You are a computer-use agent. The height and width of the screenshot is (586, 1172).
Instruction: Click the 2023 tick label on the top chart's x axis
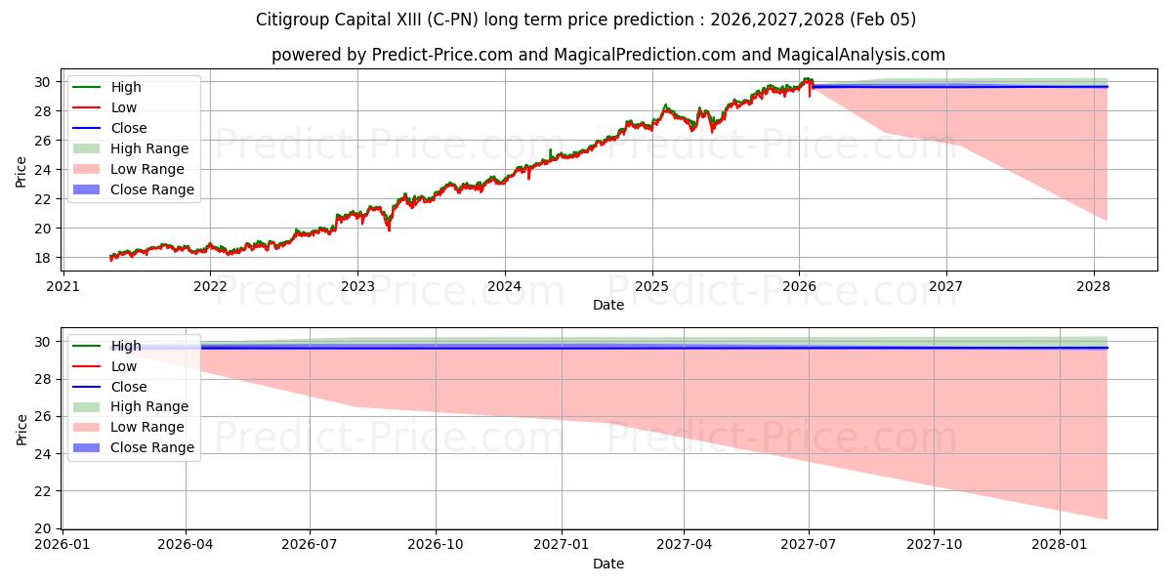coord(357,286)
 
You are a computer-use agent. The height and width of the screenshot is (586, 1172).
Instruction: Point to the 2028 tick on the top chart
coord(1093,286)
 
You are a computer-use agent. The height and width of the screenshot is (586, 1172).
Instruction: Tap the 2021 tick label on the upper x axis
coord(63,286)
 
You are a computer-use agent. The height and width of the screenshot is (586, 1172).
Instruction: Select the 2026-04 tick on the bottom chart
coord(186,545)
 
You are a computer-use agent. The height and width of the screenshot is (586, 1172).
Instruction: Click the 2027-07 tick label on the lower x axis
coord(809,545)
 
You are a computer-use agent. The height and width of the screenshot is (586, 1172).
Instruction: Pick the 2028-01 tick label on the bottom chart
coord(1059,545)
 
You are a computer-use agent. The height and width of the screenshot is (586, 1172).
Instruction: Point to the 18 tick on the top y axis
coord(43,258)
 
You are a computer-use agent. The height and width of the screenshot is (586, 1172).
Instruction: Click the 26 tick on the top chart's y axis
coord(43,141)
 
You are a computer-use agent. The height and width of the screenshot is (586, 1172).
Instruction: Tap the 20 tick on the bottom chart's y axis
coord(43,528)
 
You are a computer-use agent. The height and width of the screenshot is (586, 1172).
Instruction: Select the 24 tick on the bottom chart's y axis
coord(43,454)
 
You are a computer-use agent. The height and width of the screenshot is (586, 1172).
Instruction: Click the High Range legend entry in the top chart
coord(149,148)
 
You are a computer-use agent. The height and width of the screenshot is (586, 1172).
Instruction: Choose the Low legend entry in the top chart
coord(124,107)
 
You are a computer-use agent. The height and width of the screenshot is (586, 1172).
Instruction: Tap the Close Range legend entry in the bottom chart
coord(151,447)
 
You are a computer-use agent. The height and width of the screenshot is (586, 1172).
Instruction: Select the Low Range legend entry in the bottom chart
coord(147,427)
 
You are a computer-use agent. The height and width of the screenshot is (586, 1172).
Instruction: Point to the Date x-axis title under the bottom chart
coord(607,564)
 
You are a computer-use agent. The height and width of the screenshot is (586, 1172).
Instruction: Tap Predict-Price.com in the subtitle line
coord(441,55)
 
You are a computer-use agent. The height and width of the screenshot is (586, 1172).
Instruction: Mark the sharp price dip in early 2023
coord(389,230)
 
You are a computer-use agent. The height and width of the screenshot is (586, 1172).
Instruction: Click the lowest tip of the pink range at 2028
coord(1107,519)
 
